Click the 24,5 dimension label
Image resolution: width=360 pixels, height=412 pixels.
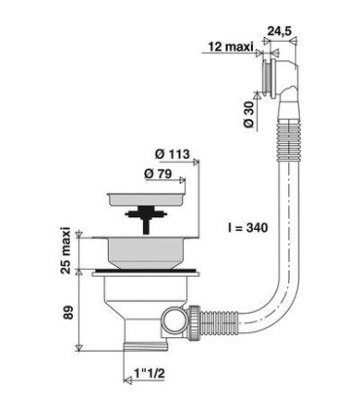[279, 31]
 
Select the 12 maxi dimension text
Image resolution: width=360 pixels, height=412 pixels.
[231, 47]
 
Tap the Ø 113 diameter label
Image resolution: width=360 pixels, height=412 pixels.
[172, 154]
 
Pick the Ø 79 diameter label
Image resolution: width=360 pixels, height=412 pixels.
[158, 174]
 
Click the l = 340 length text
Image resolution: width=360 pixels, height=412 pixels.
[247, 228]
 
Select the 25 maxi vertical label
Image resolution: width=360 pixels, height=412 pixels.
[66, 250]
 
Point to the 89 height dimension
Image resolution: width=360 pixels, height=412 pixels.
[68, 312]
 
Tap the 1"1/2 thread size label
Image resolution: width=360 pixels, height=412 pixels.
[150, 374]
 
